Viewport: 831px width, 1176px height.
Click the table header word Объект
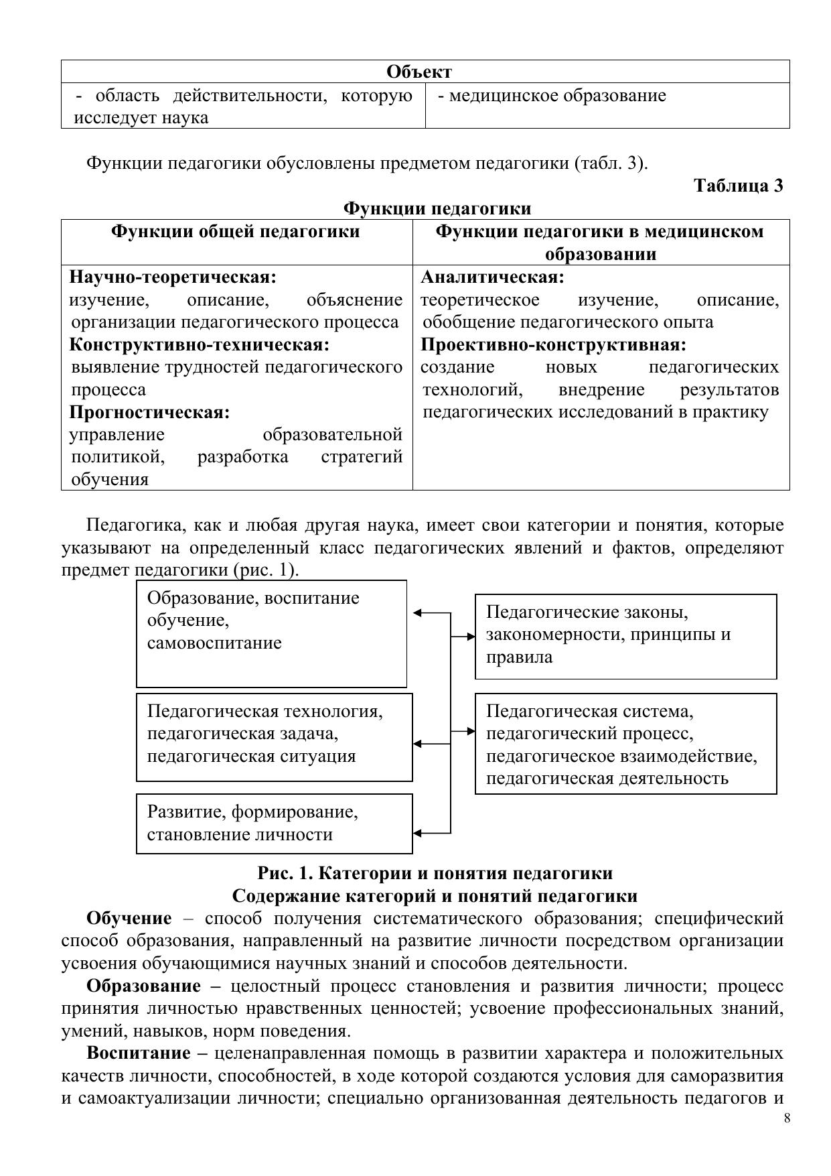pos(419,72)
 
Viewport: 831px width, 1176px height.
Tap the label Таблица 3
pos(738,186)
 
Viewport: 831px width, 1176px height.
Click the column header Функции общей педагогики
pos(235,232)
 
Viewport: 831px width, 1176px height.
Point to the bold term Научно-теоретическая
pos(173,277)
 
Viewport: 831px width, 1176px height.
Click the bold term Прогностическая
pos(149,412)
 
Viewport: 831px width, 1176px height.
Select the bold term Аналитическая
pos(492,277)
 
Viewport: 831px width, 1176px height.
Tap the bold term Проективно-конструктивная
pos(553,345)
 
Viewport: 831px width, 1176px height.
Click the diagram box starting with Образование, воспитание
pos(271,633)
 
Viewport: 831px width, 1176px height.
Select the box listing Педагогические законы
pos(625,636)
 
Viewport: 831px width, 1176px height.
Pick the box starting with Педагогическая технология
pos(274,736)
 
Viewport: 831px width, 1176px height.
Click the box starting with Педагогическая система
pos(625,743)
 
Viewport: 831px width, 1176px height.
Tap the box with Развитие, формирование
pos(274,824)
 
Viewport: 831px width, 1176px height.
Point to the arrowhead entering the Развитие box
pos(417,834)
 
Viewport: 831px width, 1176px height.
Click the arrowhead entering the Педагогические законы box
pos(471,637)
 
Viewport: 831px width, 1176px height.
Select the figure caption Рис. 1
pos(435,874)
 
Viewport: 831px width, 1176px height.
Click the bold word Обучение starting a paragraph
pos(129,918)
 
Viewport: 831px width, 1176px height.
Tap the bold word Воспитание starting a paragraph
pos(139,1053)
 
